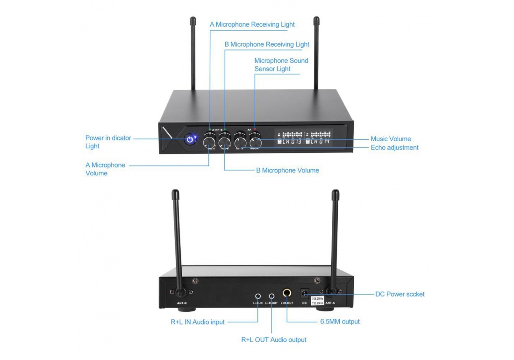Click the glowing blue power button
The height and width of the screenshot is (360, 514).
[190, 139]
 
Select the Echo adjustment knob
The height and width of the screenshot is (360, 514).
[240, 142]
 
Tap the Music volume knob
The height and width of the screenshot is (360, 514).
[255, 142]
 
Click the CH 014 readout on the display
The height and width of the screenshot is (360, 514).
[318, 141]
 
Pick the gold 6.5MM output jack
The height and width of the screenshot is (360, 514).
[286, 294]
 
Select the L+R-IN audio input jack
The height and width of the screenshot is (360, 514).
[258, 295]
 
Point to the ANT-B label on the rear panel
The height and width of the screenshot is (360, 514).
[182, 303]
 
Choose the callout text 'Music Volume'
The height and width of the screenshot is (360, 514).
[391, 139]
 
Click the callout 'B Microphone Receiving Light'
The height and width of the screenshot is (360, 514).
[267, 44]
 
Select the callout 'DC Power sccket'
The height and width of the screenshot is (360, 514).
[400, 295]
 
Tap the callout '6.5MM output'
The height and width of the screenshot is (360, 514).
[340, 322]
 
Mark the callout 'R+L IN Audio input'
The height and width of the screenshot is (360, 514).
[198, 322]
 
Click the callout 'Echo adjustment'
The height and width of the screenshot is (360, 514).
[394, 147]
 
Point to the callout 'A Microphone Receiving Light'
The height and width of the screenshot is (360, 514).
[252, 24]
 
